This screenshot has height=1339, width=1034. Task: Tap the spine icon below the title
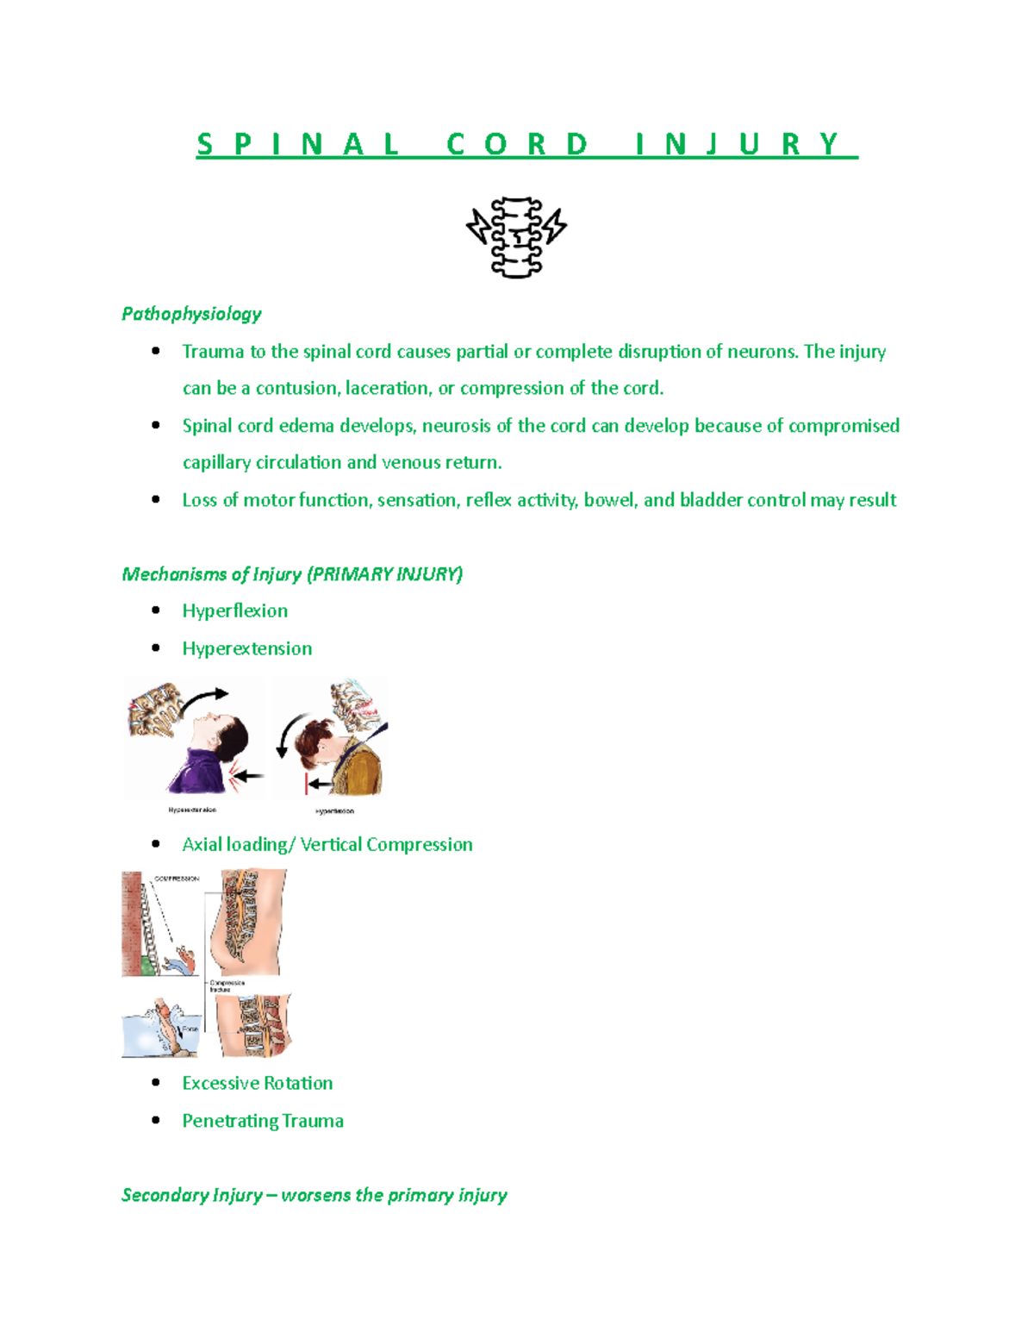(x=516, y=236)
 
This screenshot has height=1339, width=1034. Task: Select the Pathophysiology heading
(x=191, y=314)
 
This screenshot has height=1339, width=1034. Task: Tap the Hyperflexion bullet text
(x=234, y=611)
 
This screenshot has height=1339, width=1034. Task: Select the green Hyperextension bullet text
(x=246, y=648)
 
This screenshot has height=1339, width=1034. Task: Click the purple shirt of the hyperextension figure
(x=201, y=771)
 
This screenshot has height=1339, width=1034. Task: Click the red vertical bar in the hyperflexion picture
(x=306, y=783)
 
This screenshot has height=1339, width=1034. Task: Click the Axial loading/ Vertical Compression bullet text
(x=327, y=845)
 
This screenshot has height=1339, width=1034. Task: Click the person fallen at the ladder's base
(x=183, y=959)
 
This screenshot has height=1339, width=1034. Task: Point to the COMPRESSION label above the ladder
(x=177, y=879)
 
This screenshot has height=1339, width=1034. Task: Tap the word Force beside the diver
(x=190, y=1029)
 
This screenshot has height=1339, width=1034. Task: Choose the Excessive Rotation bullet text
(x=257, y=1084)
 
